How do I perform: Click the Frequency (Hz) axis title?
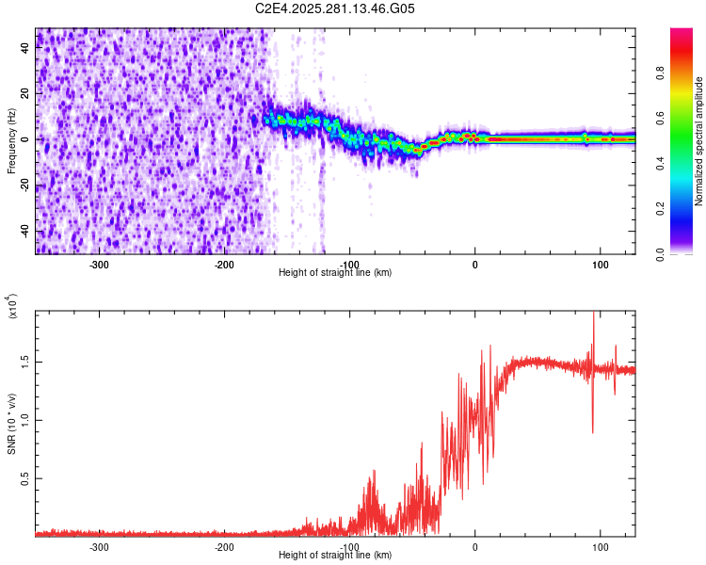11,141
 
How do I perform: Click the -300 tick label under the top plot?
99,264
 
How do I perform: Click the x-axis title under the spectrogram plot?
335,272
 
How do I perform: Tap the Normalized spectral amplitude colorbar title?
698,141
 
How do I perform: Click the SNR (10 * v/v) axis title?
11,424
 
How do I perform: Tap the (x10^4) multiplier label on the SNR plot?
12,307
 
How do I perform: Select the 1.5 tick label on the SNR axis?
25,361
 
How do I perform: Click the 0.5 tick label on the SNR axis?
25,478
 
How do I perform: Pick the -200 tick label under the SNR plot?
224,546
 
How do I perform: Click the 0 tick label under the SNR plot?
475,546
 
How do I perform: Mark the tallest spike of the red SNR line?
594,315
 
